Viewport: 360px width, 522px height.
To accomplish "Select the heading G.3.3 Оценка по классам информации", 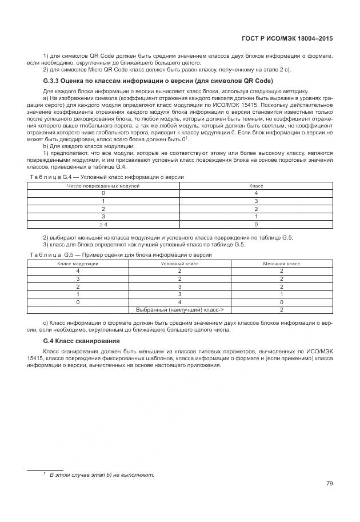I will tap(153, 81).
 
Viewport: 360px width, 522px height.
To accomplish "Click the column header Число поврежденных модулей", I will tap(103, 186).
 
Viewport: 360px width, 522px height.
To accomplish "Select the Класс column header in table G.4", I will tap(255, 186).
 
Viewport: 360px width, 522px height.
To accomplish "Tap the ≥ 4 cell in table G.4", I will tap(103, 225).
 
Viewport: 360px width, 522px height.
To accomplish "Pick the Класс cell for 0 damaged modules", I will tap(255, 193).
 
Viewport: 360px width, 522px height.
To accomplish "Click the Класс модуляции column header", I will tap(78, 264).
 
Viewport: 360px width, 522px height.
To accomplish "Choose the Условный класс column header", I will tap(179, 264).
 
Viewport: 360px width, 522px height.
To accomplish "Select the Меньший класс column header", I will tap(281, 264).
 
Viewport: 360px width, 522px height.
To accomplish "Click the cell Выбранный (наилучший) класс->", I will tap(179, 309).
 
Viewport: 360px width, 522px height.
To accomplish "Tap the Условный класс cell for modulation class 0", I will tap(179, 301).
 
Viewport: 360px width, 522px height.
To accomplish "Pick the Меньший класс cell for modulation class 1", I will tap(281, 294).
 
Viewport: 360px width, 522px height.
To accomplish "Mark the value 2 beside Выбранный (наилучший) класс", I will tap(281, 309).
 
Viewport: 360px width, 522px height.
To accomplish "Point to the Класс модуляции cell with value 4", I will tap(78, 271).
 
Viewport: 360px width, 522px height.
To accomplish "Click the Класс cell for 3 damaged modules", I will tap(255, 217).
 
